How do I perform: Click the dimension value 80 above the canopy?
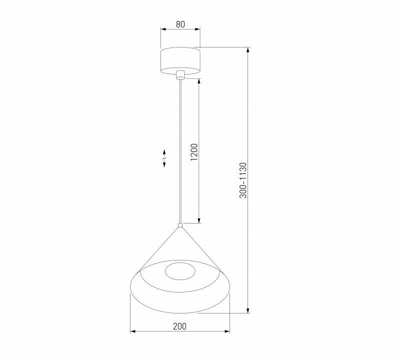click(x=180, y=23)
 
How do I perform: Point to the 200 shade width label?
click(x=179, y=326)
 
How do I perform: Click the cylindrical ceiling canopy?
click(x=180, y=60)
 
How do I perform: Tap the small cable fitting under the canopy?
click(x=180, y=75)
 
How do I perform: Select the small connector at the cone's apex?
click(x=180, y=225)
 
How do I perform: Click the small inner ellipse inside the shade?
click(x=180, y=272)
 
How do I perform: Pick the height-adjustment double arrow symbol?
click(x=164, y=158)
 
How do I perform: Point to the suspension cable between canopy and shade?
click(x=180, y=150)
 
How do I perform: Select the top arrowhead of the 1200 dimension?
click(x=199, y=80)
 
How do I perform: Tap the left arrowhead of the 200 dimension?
click(x=132, y=331)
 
